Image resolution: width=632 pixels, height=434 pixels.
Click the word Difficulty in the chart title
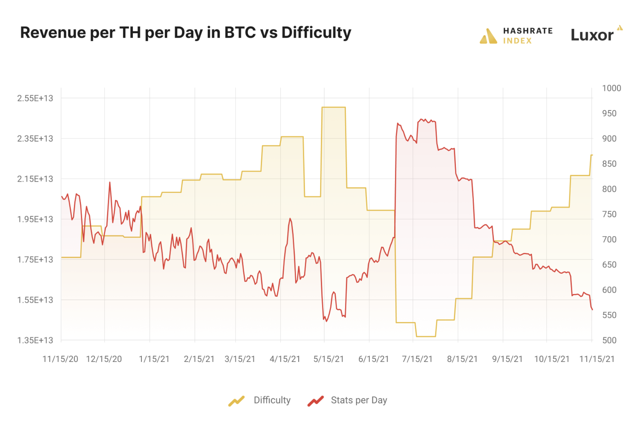click(316, 33)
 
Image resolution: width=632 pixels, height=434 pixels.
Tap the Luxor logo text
click(592, 35)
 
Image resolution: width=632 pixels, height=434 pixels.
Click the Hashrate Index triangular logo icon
click(488, 36)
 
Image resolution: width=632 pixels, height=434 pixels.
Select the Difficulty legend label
click(272, 400)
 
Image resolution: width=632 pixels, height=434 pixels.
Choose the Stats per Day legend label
click(359, 400)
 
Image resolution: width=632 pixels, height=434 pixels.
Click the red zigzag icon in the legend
click(316, 401)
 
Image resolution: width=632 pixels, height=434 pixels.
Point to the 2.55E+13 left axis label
click(35, 98)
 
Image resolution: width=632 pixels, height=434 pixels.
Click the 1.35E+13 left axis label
click(35, 340)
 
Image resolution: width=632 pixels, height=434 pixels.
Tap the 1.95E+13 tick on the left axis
click(35, 219)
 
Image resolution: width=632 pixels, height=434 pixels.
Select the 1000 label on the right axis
click(611, 88)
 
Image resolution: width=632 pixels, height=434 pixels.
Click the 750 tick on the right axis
click(609, 214)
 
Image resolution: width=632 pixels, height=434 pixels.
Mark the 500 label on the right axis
click(609, 340)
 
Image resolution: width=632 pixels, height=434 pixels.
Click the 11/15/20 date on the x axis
click(60, 359)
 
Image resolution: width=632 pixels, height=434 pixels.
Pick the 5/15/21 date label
click(328, 359)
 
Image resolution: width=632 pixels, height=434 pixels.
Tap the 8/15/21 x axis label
click(462, 359)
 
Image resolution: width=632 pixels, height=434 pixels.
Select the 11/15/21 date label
click(597, 359)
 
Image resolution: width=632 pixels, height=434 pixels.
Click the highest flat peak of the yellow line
click(333, 107)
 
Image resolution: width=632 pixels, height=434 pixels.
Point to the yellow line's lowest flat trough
click(426, 336)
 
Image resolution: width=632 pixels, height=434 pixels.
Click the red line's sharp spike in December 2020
click(110, 183)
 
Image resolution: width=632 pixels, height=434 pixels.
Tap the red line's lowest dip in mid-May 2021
click(326, 321)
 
